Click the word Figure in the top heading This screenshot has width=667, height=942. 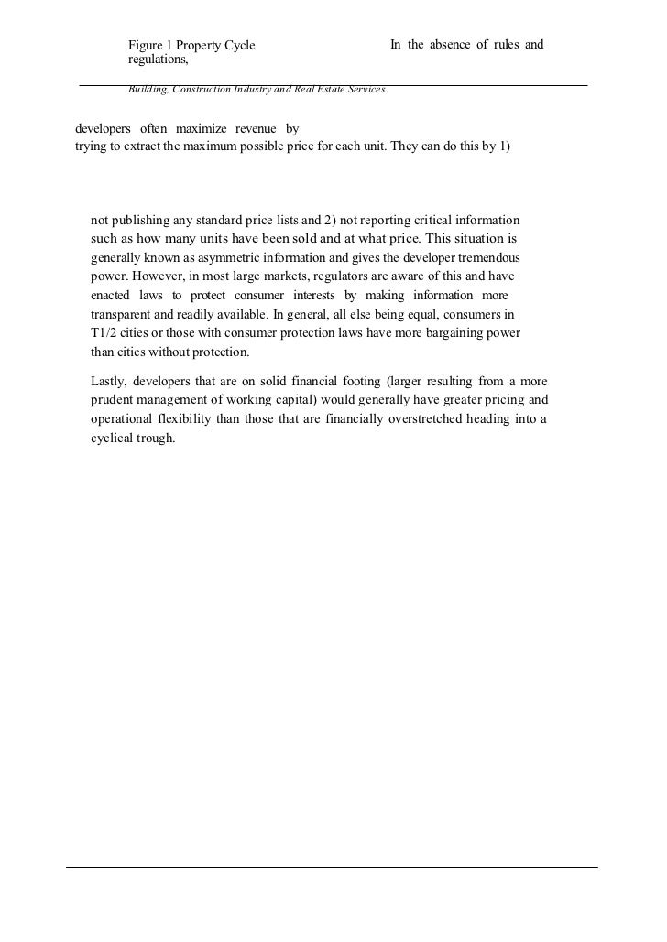tap(146, 45)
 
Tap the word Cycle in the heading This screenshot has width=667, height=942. tap(237, 45)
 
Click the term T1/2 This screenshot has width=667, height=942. tap(107, 332)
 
